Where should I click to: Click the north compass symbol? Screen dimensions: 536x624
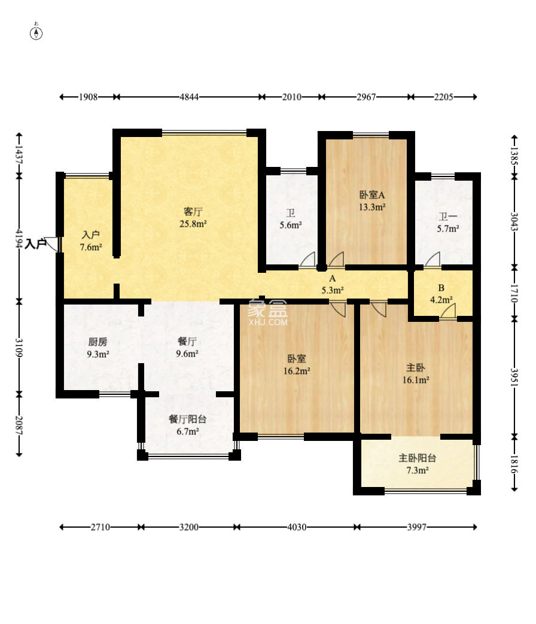(x=36, y=34)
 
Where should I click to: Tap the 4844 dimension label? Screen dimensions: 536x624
(x=189, y=97)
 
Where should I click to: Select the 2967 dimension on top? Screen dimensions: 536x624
(x=366, y=97)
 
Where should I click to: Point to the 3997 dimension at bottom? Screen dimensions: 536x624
(x=416, y=527)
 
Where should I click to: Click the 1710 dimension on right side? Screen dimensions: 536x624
(x=514, y=293)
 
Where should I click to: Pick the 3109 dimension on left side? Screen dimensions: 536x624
(x=19, y=348)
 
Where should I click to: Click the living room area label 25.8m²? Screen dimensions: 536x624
(x=193, y=224)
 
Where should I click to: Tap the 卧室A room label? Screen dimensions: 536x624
(x=372, y=195)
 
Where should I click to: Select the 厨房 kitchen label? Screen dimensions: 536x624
(x=98, y=342)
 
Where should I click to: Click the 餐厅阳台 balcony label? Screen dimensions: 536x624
(x=187, y=419)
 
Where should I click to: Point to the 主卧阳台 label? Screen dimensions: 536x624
(x=417, y=458)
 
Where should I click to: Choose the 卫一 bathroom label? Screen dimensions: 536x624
(x=448, y=217)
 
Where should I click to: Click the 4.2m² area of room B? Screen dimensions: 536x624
(x=441, y=300)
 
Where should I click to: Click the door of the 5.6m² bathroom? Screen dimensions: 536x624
(x=307, y=260)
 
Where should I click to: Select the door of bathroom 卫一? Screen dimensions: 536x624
(x=433, y=260)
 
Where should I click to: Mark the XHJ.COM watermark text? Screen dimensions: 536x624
(x=268, y=322)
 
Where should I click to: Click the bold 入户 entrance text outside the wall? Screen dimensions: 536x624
(x=35, y=244)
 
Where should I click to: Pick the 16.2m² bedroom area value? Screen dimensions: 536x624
(x=297, y=371)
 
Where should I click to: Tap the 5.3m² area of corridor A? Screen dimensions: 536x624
(x=333, y=291)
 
